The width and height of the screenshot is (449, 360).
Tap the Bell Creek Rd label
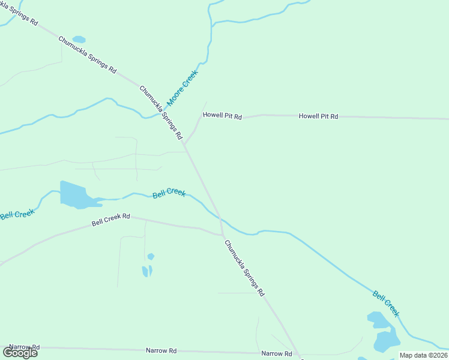111,220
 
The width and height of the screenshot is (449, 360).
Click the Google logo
20,353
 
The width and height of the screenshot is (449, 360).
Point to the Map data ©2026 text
423,355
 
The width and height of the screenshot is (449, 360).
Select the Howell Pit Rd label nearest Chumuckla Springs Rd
222,115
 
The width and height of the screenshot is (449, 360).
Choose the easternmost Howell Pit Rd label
318,116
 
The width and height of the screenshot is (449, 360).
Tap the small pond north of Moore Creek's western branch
79,40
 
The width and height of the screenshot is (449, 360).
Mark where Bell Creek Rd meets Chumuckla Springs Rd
222,234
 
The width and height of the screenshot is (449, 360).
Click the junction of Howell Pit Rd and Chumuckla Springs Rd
185,145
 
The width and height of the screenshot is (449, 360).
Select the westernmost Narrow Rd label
24,347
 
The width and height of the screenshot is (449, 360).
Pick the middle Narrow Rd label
161,350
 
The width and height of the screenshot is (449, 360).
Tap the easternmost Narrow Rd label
276,354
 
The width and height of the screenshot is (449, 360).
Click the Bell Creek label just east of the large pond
169,193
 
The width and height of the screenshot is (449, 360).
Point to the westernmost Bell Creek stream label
17,212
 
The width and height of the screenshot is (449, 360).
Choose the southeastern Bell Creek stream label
385,304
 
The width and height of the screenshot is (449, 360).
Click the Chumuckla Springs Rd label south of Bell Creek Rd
244,268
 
